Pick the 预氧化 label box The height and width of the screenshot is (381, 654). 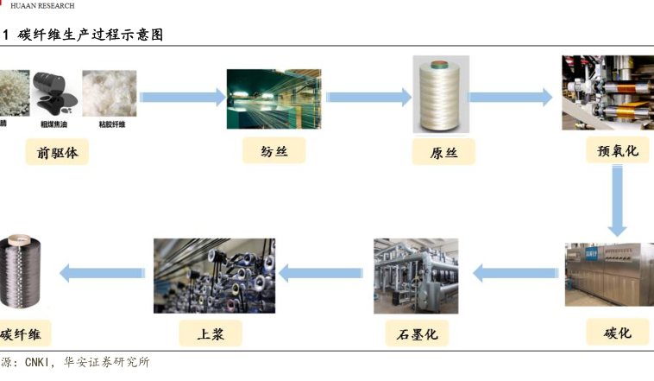pos(617,150)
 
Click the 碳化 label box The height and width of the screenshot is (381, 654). pos(617,333)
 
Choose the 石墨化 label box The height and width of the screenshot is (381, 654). pos(418,333)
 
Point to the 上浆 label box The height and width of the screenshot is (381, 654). pos(211,333)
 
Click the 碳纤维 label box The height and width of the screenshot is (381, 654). pos(23,333)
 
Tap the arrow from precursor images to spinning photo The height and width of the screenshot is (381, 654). pos(182,97)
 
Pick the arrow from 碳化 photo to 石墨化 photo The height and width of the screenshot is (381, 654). pos(516,274)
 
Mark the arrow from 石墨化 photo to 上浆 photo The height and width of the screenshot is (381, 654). pos(321,274)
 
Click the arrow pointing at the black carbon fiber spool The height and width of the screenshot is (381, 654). pos(103,274)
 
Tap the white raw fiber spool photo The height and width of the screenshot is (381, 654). pos(440,95)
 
